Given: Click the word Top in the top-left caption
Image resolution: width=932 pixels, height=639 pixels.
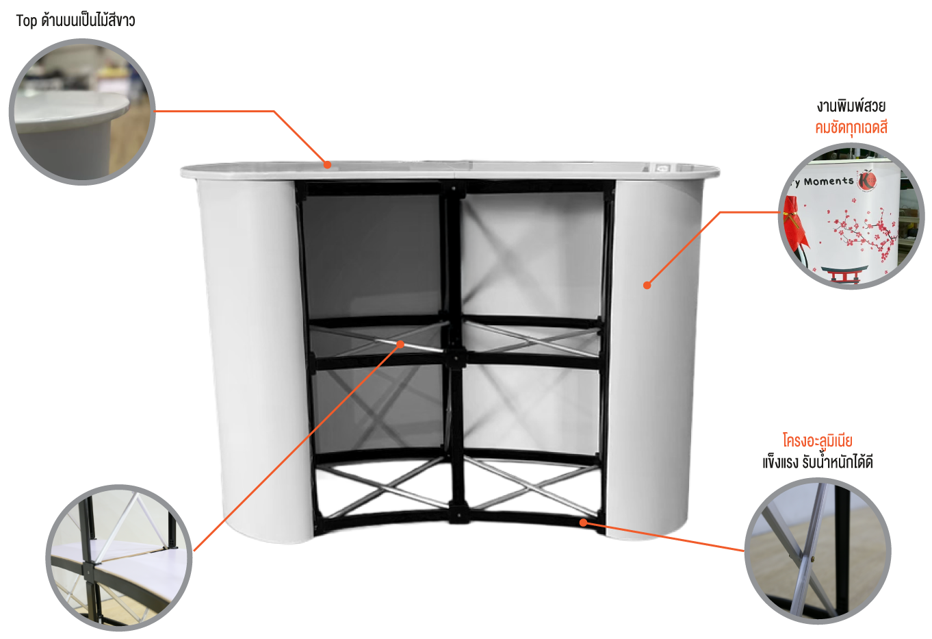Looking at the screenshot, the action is tap(27, 21).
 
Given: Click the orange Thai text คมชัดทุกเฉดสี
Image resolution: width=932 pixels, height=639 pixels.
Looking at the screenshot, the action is tap(851, 127).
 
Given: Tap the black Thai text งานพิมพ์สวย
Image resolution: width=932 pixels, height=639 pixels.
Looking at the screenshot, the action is tap(851, 106).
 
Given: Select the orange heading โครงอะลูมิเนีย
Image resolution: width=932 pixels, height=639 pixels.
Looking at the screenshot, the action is tap(817, 440).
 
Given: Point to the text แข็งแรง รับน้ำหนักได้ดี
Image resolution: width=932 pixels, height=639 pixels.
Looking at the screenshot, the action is tap(817, 462).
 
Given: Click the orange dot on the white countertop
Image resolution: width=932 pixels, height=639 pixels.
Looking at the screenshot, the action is tap(328, 165).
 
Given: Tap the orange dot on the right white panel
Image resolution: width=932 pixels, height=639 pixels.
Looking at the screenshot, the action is tap(647, 286).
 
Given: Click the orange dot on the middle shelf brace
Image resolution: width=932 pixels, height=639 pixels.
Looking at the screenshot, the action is tap(400, 344).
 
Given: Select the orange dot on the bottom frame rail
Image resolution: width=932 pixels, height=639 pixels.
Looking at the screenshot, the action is tap(584, 523).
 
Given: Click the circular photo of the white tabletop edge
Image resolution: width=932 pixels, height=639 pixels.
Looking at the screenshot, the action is tap(82, 112).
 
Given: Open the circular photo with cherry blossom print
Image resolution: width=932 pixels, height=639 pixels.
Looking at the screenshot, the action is tap(851, 216).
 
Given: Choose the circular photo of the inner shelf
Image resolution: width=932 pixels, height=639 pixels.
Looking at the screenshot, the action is tap(119, 557).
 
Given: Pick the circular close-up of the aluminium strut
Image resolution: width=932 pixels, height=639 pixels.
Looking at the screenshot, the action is tap(818, 551).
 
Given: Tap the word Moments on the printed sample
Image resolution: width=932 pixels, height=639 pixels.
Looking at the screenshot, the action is tap(829, 181).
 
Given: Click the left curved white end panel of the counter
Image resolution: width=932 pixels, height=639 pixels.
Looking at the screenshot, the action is tap(254, 358).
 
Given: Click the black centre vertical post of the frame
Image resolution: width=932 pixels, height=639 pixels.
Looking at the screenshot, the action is tap(455, 354).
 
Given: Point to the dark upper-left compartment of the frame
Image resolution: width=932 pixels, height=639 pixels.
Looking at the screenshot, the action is tap(372, 256).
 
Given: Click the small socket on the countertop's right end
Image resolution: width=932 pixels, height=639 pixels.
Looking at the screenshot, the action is tap(662, 168).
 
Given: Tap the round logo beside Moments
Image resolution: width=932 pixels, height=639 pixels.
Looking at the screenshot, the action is tap(868, 181).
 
